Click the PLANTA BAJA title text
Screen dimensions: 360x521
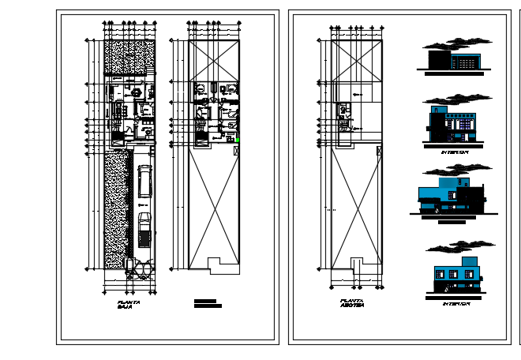click(129, 304)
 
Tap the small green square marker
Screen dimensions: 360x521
click(238, 141)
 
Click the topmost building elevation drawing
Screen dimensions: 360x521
click(455, 60)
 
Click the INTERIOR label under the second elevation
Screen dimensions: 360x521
click(455, 151)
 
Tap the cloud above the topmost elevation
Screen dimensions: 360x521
click(458, 43)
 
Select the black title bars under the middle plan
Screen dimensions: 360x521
click(208, 303)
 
